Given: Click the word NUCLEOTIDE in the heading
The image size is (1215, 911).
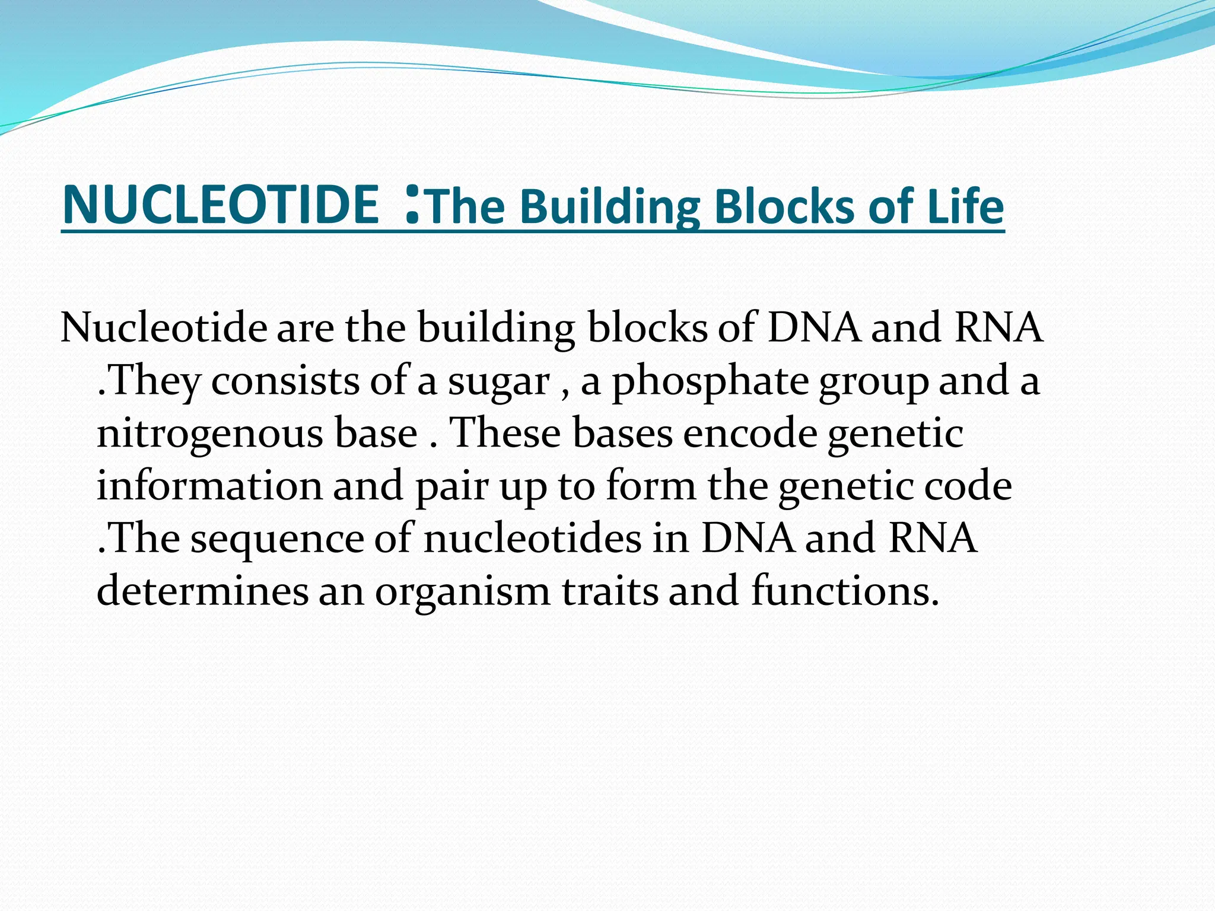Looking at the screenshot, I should pos(220,205).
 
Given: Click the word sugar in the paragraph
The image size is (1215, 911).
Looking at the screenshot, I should pos(498,383).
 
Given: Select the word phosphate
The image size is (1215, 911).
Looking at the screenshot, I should pos(710,383).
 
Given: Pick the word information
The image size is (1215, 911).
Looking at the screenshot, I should pos(209,486).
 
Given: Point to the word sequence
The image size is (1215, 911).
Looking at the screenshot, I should pos(277,540).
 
